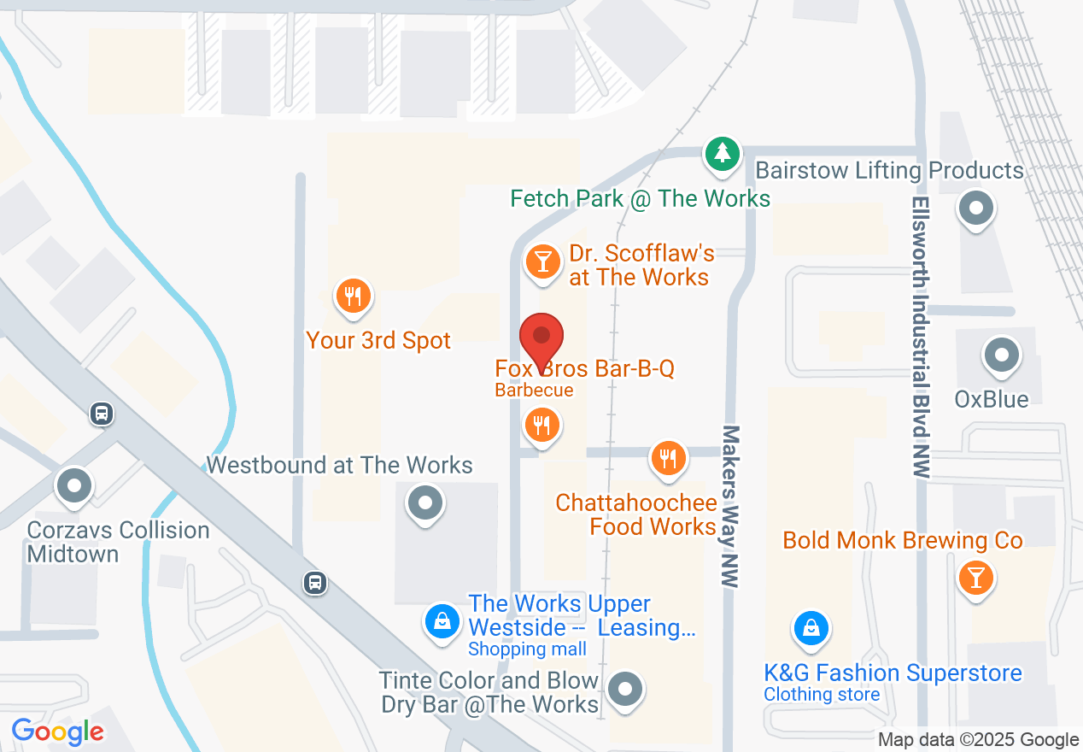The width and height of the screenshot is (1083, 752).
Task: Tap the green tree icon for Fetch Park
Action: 723,154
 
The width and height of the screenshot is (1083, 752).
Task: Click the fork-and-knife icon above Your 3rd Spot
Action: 352,297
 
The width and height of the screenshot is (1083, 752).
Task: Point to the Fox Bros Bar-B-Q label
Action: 585,369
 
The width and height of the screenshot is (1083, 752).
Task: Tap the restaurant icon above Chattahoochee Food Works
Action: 668,459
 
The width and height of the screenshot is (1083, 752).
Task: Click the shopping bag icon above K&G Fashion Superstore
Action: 811,630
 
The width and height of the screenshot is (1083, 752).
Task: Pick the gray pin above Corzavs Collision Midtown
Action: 73,486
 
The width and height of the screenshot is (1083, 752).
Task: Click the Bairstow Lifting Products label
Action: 889,170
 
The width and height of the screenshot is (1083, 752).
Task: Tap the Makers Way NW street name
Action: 730,506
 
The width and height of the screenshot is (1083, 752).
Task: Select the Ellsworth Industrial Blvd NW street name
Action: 920,338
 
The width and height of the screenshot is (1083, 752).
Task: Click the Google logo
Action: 58,731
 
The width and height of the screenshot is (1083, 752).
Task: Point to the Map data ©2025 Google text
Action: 978,740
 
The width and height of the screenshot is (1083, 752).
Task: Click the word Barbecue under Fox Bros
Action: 534,391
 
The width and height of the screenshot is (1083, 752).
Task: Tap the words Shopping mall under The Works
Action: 527,649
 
